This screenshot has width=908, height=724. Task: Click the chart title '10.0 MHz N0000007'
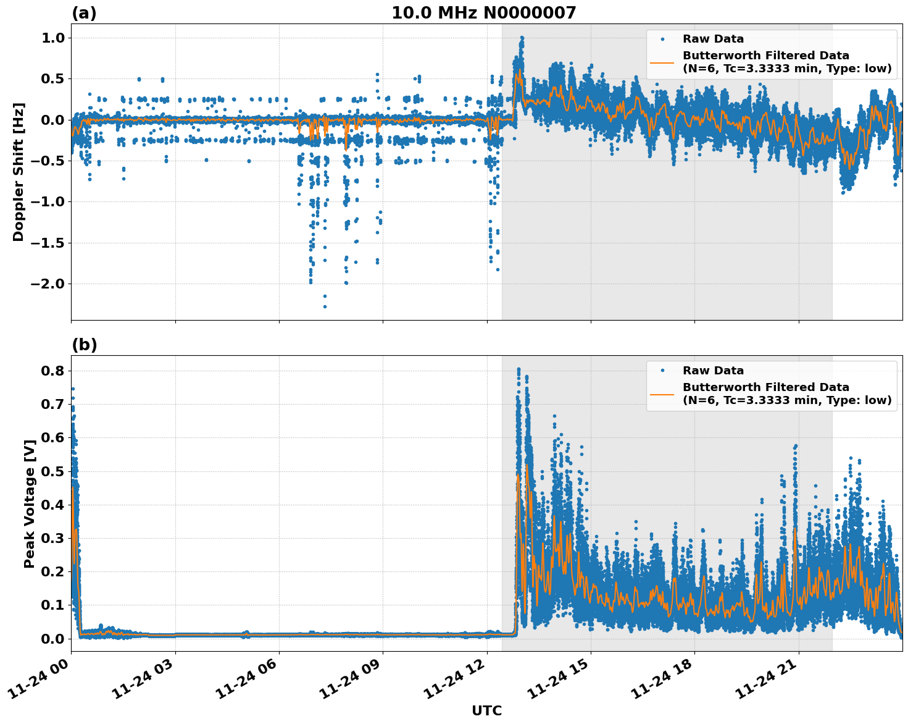click(483, 13)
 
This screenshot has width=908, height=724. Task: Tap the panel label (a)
click(84, 13)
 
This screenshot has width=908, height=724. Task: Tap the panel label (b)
click(84, 345)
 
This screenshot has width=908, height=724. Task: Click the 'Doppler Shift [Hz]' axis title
click(19, 172)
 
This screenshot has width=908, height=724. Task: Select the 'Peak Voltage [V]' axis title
click(29, 503)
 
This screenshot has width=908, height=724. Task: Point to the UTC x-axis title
click(486, 710)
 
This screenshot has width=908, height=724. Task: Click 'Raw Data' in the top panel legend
click(713, 39)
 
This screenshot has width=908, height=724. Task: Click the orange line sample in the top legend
click(662, 62)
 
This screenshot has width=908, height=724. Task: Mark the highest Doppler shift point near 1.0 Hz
click(522, 38)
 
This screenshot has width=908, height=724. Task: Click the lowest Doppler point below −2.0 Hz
click(325, 306)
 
